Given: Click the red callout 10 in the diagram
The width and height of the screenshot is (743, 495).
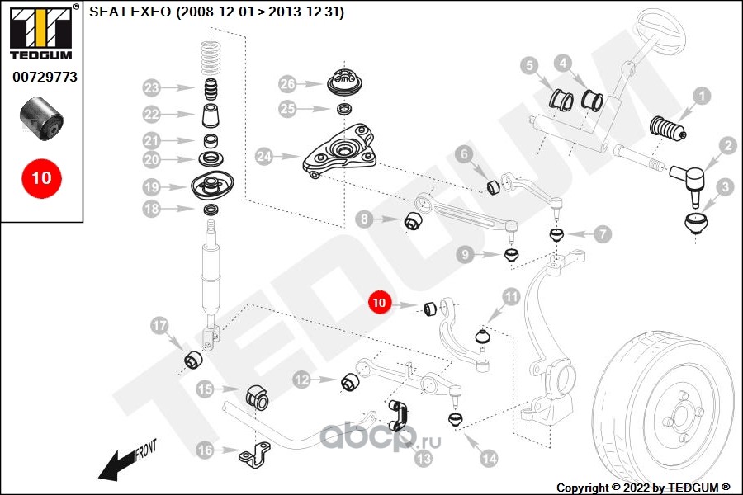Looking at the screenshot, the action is click(x=379, y=302).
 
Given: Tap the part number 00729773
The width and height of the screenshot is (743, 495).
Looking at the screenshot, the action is click(x=45, y=77).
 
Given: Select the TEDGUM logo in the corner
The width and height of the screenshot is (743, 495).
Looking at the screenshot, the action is click(x=42, y=33).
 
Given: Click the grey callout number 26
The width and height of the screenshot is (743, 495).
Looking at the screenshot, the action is click(x=287, y=84).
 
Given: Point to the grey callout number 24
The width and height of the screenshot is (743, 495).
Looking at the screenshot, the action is click(x=264, y=156).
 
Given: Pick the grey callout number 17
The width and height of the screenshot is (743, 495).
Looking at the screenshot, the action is click(x=159, y=326).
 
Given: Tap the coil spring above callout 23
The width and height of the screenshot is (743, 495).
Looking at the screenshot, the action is click(x=212, y=59).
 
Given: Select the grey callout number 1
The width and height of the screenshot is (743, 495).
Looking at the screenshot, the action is click(x=702, y=97).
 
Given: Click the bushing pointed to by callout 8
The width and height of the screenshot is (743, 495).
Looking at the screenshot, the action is click(x=414, y=221).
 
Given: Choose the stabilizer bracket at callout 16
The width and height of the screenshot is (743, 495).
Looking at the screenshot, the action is click(x=254, y=455).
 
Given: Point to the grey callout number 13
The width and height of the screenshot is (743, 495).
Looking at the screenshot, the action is click(x=424, y=458).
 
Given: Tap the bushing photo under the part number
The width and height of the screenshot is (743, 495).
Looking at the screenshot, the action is click(x=42, y=119).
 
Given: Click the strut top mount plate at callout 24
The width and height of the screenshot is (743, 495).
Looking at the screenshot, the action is click(x=340, y=152).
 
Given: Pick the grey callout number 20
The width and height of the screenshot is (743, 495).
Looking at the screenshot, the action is click(x=152, y=159).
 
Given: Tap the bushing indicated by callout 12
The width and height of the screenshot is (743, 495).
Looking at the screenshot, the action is click(x=350, y=382).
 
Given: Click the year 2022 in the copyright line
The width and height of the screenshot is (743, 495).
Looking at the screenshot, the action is click(x=637, y=488).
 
